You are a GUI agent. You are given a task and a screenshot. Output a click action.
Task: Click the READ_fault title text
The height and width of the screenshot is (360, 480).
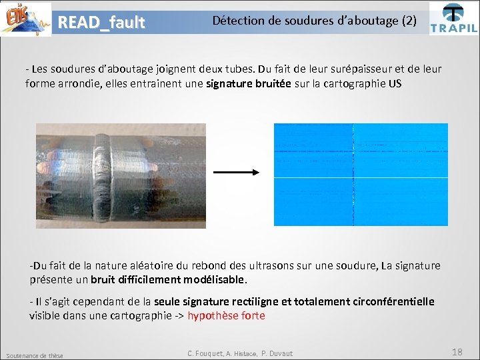[x=101, y=23]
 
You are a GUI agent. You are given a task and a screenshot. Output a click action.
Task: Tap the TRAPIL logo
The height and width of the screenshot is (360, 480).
[x=453, y=19]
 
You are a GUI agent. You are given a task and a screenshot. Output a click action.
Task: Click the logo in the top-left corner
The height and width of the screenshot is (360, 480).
[x=26, y=19]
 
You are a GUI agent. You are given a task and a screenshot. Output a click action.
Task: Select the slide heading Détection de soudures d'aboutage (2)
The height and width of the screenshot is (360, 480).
[x=314, y=21]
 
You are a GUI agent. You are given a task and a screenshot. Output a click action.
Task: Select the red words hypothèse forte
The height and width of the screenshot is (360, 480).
[x=226, y=316]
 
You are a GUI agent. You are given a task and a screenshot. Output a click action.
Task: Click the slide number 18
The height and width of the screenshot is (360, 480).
[x=457, y=352]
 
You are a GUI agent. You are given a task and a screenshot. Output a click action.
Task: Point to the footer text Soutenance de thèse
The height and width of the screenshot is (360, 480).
[x=34, y=355]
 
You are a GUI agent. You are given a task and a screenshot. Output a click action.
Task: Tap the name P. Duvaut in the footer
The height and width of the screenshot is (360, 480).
[x=277, y=353]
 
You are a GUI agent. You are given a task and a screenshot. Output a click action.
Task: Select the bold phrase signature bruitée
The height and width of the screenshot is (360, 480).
[x=249, y=84]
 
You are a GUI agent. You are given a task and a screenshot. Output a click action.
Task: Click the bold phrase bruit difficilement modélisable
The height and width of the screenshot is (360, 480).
[x=169, y=279]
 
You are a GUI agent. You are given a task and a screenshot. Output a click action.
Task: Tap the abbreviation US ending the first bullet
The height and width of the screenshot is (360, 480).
[x=395, y=84]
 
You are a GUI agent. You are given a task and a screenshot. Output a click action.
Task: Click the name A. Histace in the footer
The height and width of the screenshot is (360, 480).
[x=242, y=353]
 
